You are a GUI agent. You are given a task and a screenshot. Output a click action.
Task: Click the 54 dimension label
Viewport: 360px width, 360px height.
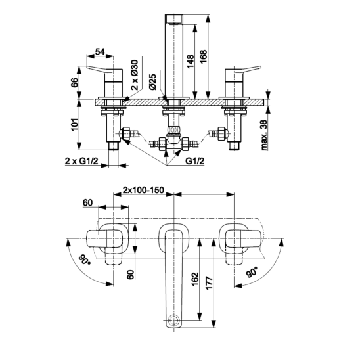(100, 52)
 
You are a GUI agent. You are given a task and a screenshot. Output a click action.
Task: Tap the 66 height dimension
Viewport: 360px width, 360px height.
(74, 83)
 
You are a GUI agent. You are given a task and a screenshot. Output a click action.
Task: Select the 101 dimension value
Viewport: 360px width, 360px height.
(74, 125)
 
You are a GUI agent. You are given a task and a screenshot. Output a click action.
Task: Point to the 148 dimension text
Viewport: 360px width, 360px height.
(190, 62)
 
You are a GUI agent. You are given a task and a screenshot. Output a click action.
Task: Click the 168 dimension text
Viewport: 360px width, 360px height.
(203, 56)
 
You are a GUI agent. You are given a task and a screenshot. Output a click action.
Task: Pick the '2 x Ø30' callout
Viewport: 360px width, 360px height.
(135, 75)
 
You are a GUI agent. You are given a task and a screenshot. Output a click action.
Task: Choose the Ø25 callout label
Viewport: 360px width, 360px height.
(152, 82)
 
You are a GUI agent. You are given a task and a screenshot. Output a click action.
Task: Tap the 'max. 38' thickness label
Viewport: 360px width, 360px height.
(264, 135)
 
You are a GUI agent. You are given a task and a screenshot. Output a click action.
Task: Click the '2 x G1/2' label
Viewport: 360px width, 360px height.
(81, 161)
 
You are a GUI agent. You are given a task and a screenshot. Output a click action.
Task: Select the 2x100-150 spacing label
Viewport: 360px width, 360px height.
(143, 190)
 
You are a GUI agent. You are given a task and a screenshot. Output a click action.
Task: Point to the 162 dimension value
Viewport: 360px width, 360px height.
(195, 279)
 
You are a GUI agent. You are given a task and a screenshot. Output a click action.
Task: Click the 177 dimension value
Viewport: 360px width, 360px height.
(209, 283)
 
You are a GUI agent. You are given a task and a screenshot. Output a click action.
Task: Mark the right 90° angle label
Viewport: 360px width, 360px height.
(252, 272)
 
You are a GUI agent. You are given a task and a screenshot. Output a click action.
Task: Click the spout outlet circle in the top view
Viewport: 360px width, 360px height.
(174, 320)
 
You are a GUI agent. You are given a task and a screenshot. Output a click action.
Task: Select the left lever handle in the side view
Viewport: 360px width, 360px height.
(104, 70)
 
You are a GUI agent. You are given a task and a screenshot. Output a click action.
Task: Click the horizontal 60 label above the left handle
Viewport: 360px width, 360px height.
(88, 203)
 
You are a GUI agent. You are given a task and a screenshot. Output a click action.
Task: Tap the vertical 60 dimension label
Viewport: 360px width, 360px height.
(131, 275)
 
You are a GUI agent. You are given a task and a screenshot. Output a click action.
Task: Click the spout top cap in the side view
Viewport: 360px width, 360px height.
(174, 18)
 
